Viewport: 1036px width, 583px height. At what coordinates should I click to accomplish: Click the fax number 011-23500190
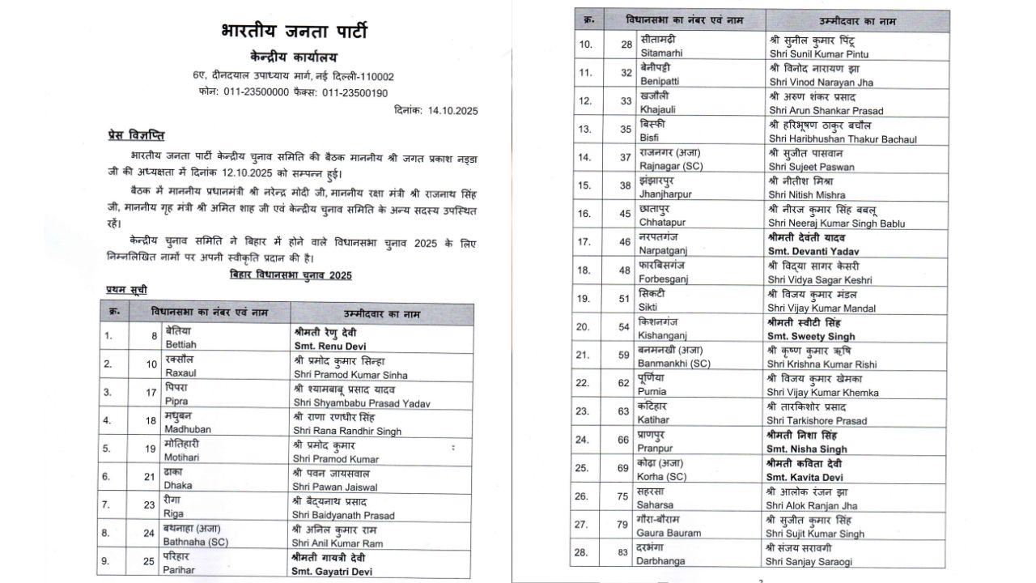coord(354,93)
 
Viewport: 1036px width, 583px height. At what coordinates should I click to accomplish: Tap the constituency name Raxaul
coord(181,374)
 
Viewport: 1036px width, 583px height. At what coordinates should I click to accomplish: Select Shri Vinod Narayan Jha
coord(821,81)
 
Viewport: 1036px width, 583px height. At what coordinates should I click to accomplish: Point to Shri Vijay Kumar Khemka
coord(823,393)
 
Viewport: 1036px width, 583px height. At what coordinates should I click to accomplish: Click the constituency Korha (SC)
coord(669,478)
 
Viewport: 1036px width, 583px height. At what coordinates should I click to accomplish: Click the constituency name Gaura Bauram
coord(670,534)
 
